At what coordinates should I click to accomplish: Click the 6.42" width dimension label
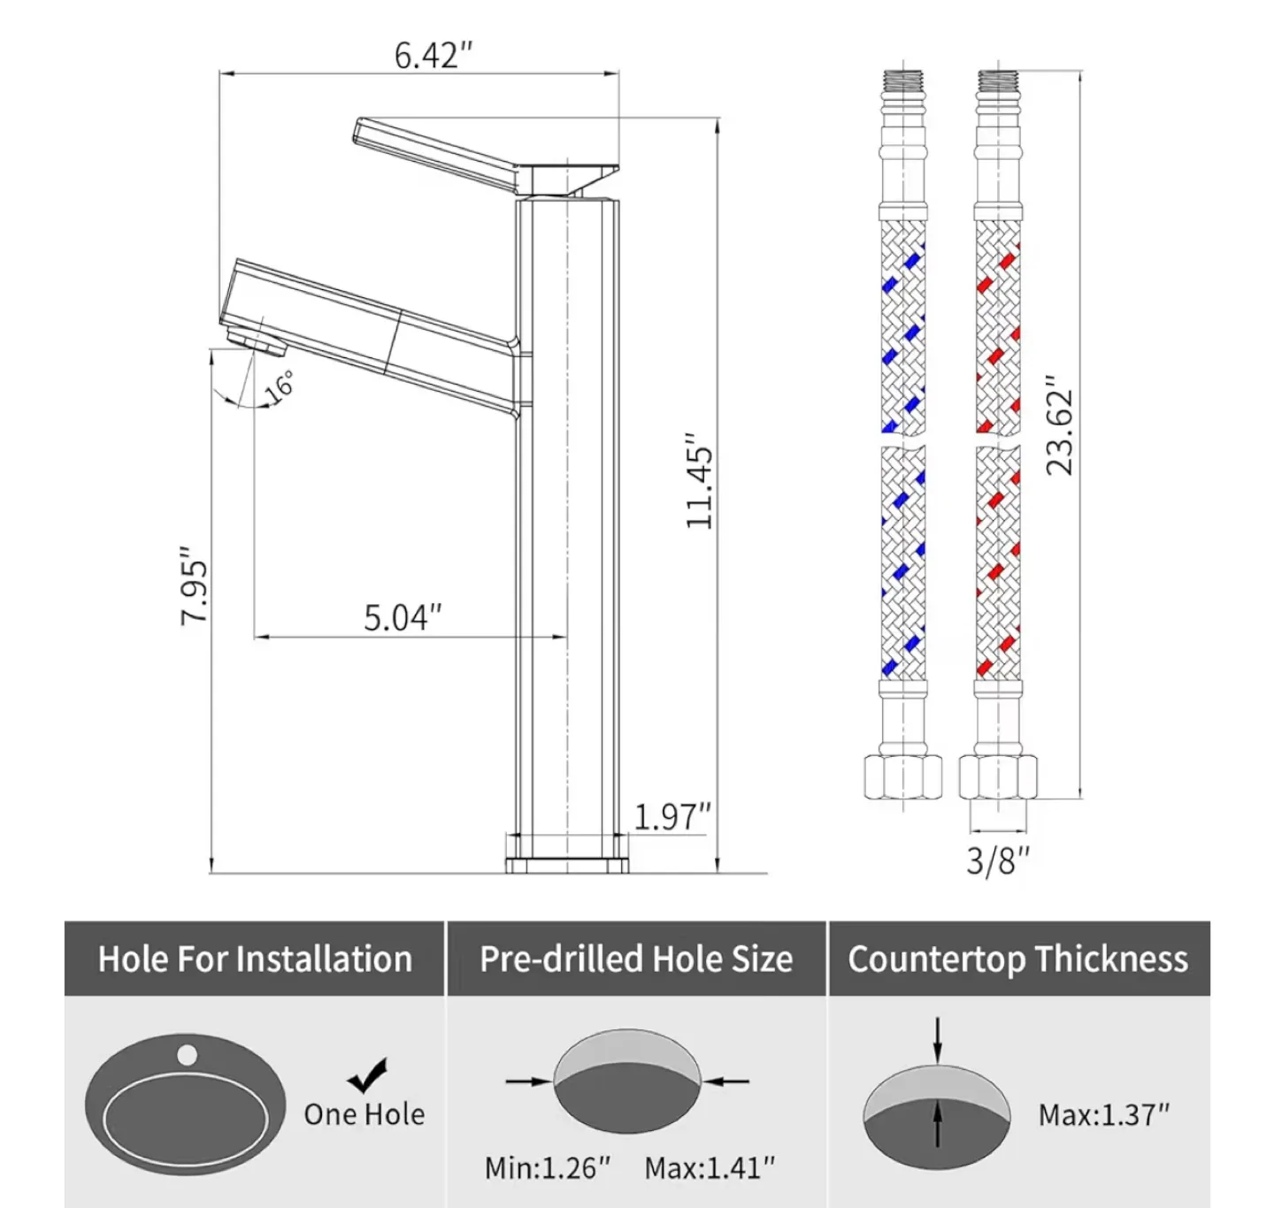click(x=433, y=56)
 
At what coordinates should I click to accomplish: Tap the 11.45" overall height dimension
click(x=699, y=481)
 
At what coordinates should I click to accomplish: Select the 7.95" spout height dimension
click(x=195, y=585)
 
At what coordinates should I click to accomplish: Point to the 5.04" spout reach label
click(x=403, y=617)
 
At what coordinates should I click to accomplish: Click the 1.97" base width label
click(x=672, y=816)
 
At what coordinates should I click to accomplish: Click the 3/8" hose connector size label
click(x=998, y=860)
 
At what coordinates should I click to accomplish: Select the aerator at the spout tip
click(x=251, y=339)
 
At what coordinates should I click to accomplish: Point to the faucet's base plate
click(x=566, y=864)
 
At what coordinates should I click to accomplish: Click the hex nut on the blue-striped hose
click(x=902, y=777)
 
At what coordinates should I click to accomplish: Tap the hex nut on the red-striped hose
click(x=998, y=777)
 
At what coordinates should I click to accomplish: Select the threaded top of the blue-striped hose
click(x=902, y=81)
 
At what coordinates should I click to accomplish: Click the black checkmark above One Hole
click(x=367, y=1074)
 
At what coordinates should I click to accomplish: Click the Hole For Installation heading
click(x=255, y=960)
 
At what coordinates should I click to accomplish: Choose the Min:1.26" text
click(x=547, y=1168)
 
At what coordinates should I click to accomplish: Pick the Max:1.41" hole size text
click(x=709, y=1168)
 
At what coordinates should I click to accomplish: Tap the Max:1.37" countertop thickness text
click(x=1103, y=1115)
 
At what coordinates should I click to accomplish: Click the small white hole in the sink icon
click(x=187, y=1054)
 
